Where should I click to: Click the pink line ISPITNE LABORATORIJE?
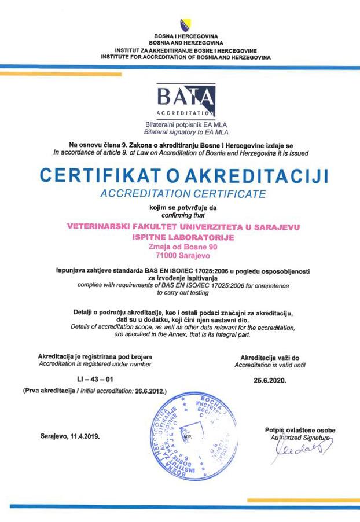click(x=183, y=238)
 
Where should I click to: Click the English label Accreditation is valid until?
click(x=269, y=365)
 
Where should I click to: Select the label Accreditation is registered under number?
click(x=94, y=364)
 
